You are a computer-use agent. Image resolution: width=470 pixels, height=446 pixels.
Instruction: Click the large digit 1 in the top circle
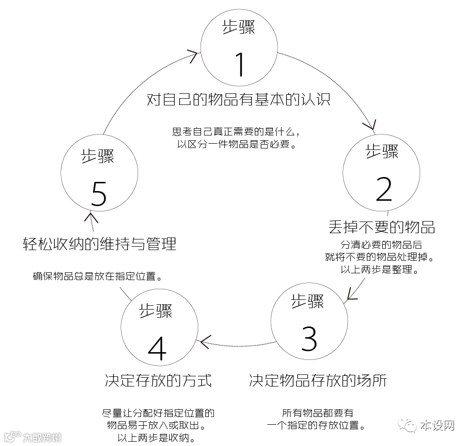239,64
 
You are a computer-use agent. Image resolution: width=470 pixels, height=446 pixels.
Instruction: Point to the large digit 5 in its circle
98,194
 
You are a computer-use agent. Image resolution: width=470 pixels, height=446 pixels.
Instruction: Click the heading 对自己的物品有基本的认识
238,100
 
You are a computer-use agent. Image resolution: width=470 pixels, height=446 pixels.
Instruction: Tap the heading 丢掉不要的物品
382,226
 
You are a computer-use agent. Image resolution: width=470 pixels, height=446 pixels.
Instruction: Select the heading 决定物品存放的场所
318,380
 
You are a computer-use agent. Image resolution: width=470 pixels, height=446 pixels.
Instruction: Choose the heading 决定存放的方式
158,380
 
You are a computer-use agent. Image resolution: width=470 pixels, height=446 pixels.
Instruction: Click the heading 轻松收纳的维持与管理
99,243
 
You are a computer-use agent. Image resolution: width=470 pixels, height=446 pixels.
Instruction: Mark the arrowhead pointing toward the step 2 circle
372,126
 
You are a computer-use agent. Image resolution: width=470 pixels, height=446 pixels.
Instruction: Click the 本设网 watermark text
437,426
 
